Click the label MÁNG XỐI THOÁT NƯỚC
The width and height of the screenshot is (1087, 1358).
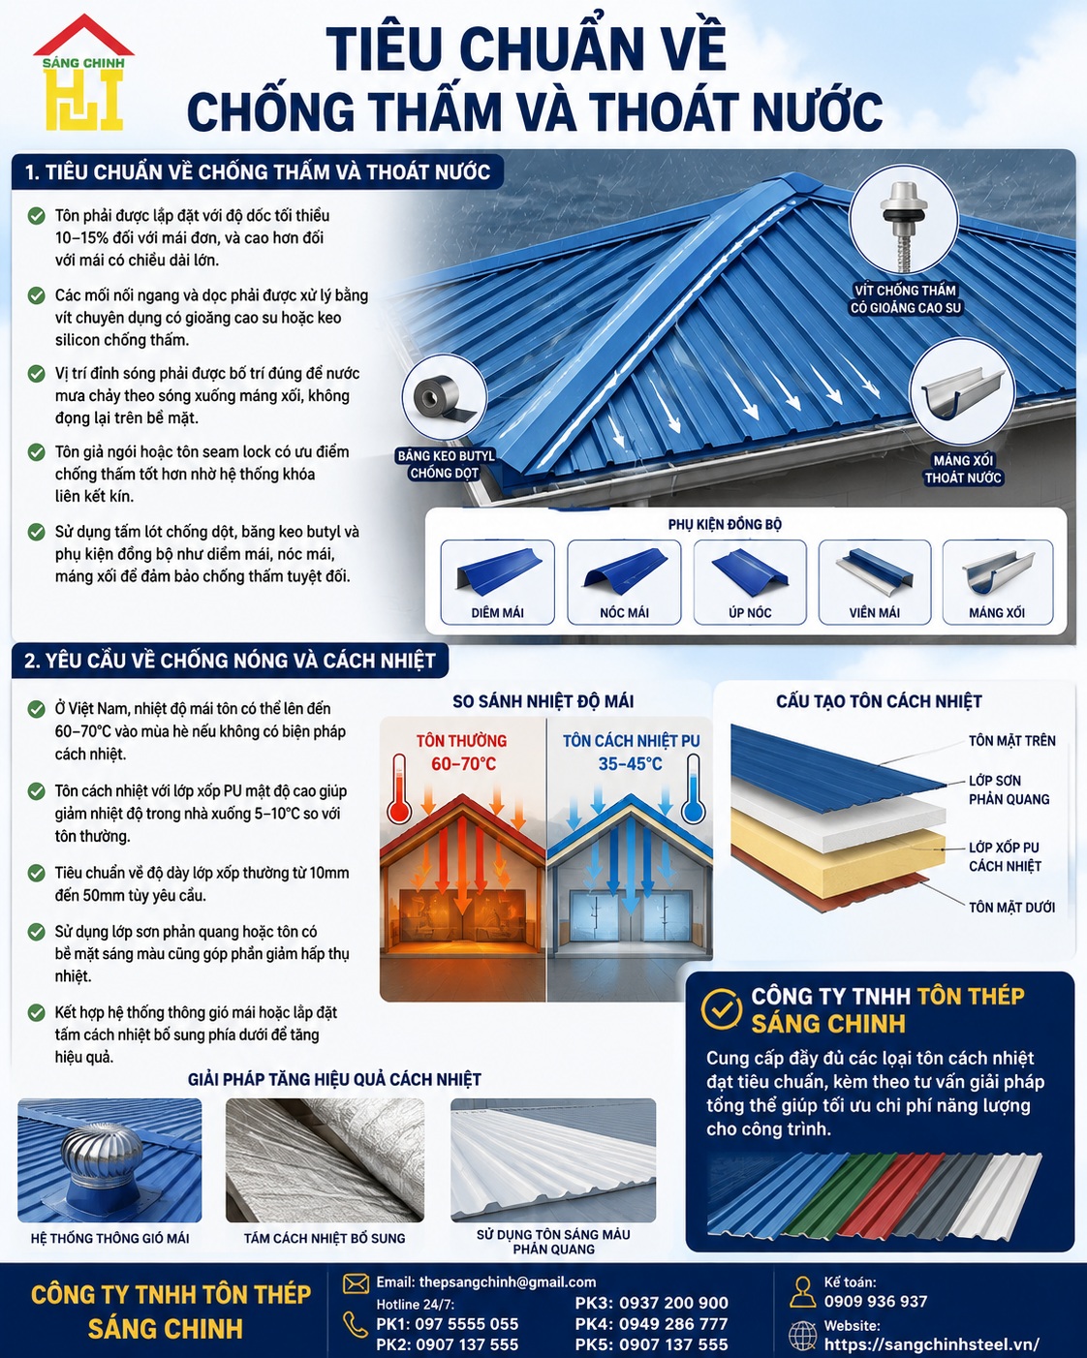click(963, 469)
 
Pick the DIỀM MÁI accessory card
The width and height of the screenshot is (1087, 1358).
click(497, 582)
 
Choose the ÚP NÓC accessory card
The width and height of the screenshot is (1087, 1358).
click(750, 582)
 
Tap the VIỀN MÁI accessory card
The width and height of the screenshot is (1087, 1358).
click(875, 582)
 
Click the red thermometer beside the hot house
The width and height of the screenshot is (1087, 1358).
click(399, 788)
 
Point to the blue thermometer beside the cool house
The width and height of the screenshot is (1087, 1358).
click(693, 788)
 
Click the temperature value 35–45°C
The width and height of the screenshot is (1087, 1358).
click(631, 764)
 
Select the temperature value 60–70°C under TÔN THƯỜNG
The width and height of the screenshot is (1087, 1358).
click(464, 764)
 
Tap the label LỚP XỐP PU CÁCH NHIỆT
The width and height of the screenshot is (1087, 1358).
click(1005, 856)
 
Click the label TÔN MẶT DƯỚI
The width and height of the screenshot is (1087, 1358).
click(1011, 908)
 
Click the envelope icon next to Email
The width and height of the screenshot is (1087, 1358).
click(356, 1283)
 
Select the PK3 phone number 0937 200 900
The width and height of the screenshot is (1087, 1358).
click(673, 1303)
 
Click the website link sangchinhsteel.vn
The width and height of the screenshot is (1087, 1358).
click(932, 1344)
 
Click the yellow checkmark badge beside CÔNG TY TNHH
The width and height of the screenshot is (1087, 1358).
click(722, 1008)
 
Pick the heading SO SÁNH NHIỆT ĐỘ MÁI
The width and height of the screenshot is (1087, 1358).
click(543, 701)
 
